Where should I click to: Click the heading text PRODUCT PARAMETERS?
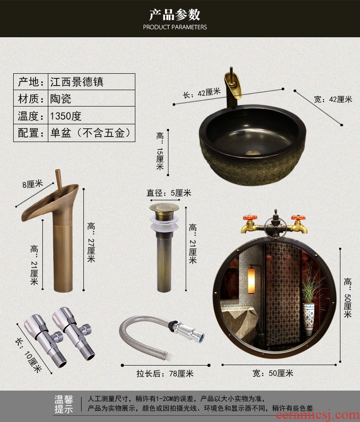tap(175, 27)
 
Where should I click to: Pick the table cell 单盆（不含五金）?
tap(91, 132)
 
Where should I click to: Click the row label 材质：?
tap(31, 99)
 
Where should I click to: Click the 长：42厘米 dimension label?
tap(201, 93)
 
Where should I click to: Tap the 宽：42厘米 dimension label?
tap(333, 99)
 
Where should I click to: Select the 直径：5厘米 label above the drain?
tap(169, 193)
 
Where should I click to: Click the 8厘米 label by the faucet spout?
tap(33, 184)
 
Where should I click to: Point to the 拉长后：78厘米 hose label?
tap(165, 374)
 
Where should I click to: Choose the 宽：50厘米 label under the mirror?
tap(273, 373)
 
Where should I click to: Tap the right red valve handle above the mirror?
tap(298, 218)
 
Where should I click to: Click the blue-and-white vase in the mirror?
tap(309, 319)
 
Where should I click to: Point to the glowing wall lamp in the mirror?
tap(252, 280)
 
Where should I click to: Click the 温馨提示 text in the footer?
tap(64, 404)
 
